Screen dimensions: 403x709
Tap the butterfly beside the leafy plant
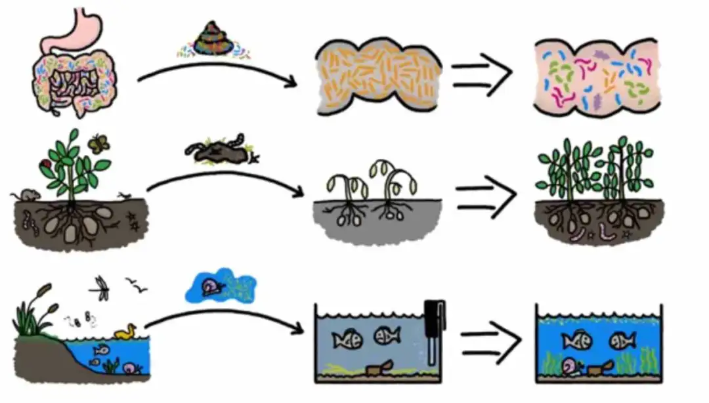(100, 143)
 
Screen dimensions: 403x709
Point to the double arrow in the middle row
(485, 196)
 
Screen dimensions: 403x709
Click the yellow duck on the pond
(125, 332)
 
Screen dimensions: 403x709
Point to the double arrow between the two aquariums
(489, 342)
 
